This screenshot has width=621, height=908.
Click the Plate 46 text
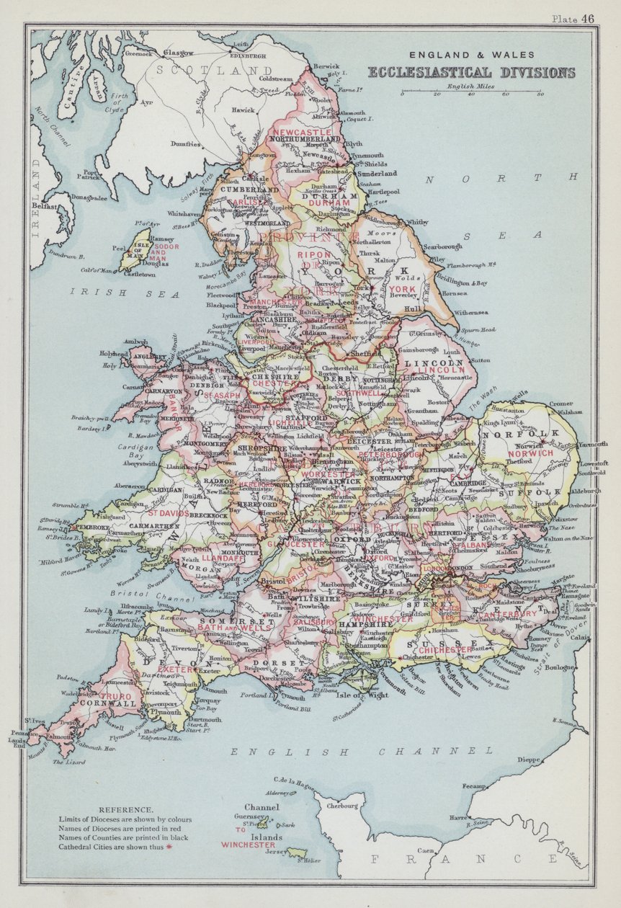point(573,19)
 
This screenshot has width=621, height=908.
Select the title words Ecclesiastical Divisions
point(471,72)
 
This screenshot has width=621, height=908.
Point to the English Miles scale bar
point(471,92)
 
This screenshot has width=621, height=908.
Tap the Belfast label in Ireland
point(44,205)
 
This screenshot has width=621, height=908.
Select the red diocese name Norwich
point(530,453)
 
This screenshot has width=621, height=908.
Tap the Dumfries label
point(185,144)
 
